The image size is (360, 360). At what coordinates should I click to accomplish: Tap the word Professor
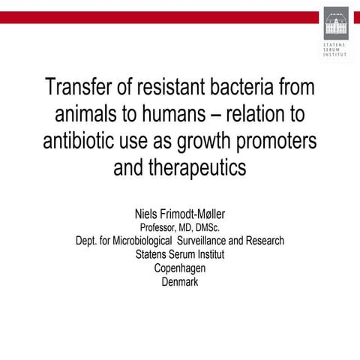160,228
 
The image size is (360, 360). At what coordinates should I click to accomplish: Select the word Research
265,241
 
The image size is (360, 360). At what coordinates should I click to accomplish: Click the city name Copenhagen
180,268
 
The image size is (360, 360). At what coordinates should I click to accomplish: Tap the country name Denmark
180,282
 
